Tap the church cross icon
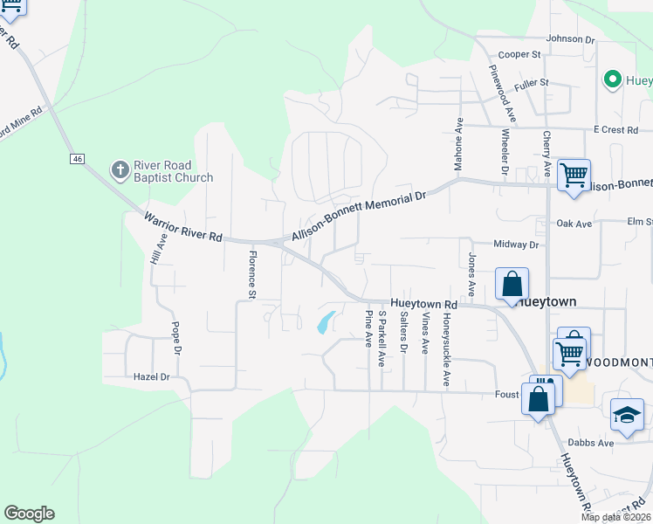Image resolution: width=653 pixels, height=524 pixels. [x=120, y=169]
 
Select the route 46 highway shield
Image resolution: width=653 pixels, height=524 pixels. [x=78, y=159]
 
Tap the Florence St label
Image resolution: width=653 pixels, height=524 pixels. [x=251, y=274]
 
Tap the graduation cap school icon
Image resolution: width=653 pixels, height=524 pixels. [x=627, y=416]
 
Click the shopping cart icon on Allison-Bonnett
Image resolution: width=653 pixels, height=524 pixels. [x=574, y=176]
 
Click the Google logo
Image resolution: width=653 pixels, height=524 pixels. [x=29, y=514]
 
